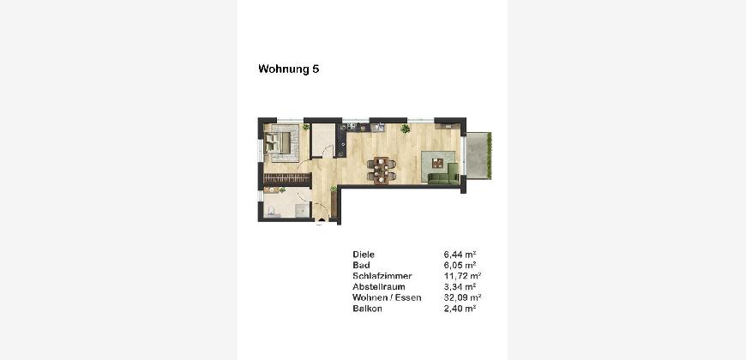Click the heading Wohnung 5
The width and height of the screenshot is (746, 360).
(x=288, y=69)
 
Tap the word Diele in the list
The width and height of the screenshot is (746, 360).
(x=364, y=255)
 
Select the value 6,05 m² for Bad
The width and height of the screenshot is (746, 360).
(x=460, y=266)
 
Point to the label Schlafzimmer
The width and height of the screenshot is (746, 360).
(x=382, y=276)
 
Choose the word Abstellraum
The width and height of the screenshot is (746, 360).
(x=379, y=287)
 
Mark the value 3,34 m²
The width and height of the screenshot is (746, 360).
(x=460, y=287)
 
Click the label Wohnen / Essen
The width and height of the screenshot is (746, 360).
(x=387, y=298)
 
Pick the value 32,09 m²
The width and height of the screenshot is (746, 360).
(x=462, y=298)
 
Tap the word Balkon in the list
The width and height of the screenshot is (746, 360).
(x=367, y=309)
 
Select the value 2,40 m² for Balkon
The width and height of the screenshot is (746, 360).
(x=460, y=309)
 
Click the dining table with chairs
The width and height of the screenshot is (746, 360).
(x=381, y=171)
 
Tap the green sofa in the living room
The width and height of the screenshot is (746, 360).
(x=443, y=177)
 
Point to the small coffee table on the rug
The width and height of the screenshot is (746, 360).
(x=437, y=163)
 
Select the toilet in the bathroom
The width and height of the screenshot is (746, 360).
(x=271, y=212)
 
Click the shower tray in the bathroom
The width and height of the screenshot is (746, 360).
(x=302, y=210)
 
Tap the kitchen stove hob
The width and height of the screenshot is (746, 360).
(x=352, y=127)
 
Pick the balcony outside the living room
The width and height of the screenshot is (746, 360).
(x=478, y=155)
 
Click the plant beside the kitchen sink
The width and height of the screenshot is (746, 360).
(x=405, y=129)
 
